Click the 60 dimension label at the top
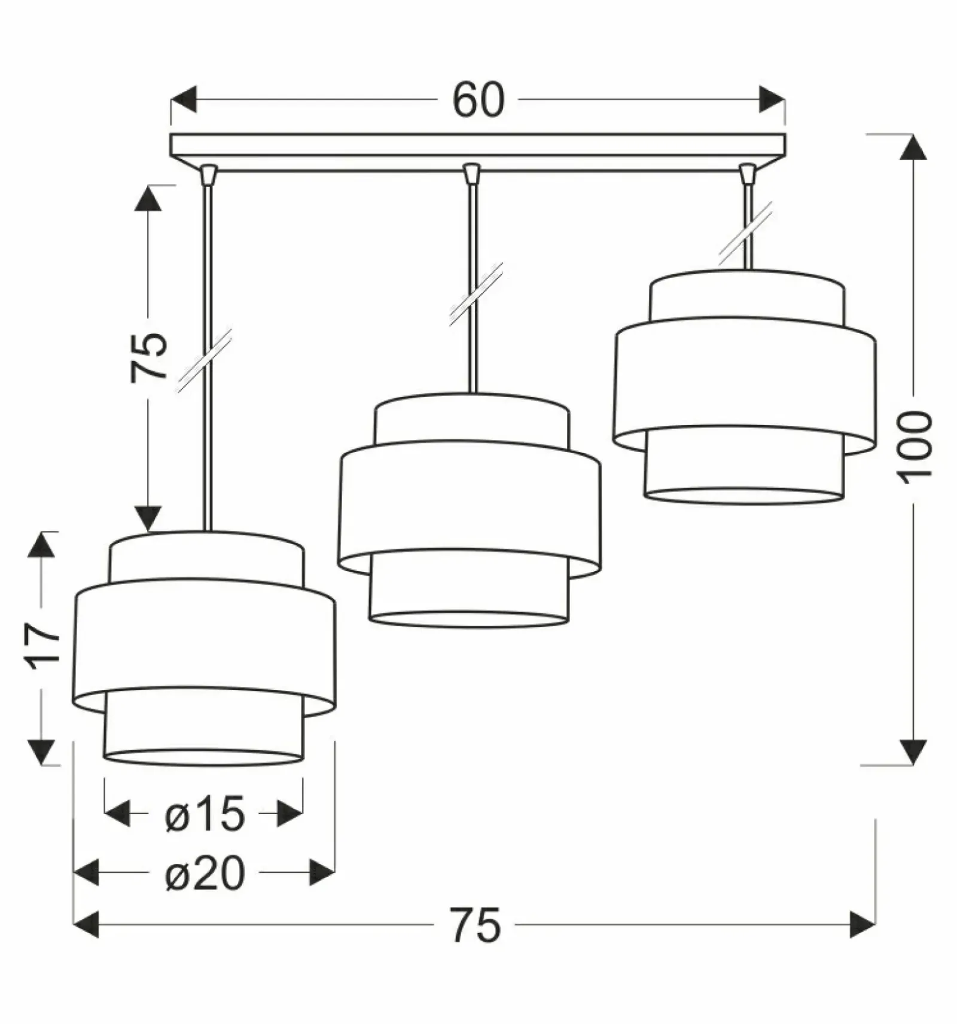click(478, 100)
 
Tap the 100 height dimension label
click(914, 447)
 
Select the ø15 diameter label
click(205, 814)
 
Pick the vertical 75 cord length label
click(148, 356)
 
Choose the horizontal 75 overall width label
click(476, 925)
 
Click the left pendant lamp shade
click(204, 648)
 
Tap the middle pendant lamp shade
click(469, 510)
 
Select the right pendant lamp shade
click(745, 387)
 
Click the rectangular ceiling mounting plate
click(478, 153)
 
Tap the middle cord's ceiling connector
click(472, 173)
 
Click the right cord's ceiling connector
click(747, 173)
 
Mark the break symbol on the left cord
click(205, 360)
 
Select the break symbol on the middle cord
click(476, 294)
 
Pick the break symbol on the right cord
click(745, 233)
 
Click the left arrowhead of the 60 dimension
click(184, 99)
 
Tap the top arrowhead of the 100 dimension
click(912, 147)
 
